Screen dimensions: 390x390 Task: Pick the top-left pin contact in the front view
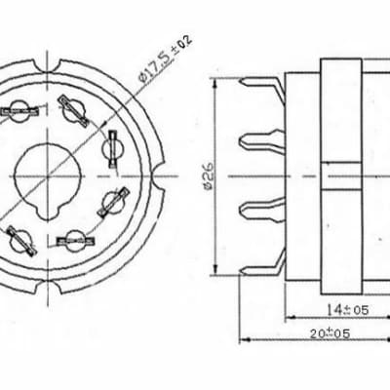[x=19, y=112]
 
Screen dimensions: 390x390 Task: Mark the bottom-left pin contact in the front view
[x=19, y=235]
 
